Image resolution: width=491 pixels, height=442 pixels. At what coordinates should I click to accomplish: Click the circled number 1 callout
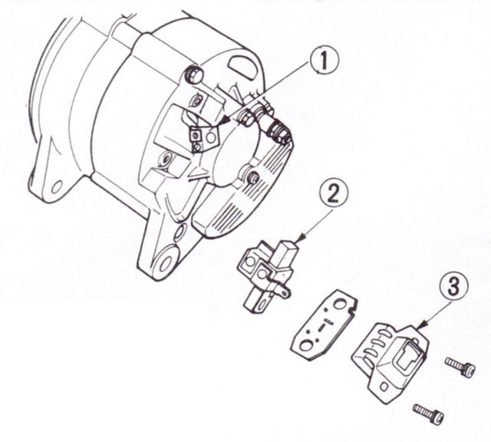point(325,61)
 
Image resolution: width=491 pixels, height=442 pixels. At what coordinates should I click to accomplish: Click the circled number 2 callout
point(333,195)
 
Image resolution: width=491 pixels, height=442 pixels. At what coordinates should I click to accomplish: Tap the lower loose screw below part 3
point(428,414)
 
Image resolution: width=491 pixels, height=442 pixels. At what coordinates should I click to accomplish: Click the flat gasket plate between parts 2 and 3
point(325,325)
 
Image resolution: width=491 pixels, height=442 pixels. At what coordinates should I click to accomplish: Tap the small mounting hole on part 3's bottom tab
point(384,388)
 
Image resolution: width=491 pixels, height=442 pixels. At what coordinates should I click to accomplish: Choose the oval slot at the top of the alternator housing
point(242,64)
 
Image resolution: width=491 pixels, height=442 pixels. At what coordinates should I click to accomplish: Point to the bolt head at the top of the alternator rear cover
point(194,74)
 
